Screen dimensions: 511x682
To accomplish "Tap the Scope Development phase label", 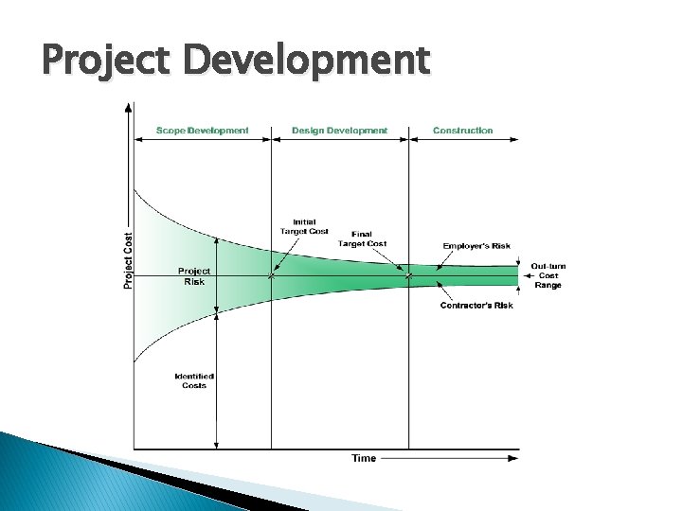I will [x=203, y=131].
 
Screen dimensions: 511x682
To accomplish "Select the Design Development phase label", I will [x=339, y=131].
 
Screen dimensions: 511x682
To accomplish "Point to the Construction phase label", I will [x=463, y=131].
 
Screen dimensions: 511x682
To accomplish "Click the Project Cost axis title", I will [x=128, y=248].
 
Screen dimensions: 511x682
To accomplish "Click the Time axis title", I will [x=364, y=458].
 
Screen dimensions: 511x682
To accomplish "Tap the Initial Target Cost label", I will [x=304, y=226].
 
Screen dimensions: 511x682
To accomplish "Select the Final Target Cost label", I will [x=368, y=238].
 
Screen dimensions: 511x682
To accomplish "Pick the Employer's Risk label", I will [x=476, y=246].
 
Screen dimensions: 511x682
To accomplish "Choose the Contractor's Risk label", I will [x=476, y=306].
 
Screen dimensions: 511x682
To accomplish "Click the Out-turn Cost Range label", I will [x=548, y=275].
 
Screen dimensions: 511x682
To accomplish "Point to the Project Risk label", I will [x=195, y=275].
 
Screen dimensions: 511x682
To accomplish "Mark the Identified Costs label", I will [x=193, y=380].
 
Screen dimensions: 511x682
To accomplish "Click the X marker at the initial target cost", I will [x=272, y=276].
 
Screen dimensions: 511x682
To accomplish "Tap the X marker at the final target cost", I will [x=409, y=276].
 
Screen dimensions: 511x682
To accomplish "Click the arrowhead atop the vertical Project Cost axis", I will [x=129, y=108].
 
